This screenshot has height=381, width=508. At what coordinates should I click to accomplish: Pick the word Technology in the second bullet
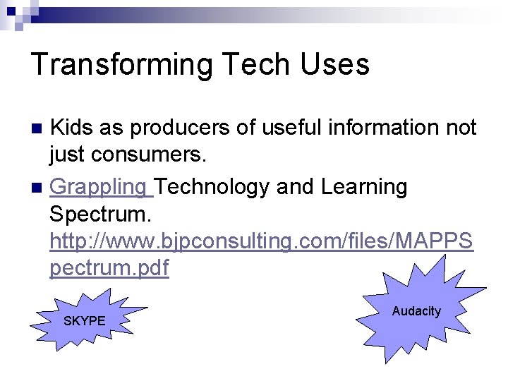click(212, 187)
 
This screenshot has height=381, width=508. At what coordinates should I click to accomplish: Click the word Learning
click(363, 187)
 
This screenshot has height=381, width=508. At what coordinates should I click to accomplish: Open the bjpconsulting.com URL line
click(261, 241)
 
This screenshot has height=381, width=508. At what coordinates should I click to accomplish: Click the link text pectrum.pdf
click(109, 269)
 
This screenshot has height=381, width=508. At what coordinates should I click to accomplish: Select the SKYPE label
click(84, 321)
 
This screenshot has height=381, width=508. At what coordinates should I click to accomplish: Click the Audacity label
click(416, 311)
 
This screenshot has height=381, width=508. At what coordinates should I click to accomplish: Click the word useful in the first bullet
click(286, 128)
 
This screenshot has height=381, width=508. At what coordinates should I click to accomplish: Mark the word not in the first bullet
click(460, 128)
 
